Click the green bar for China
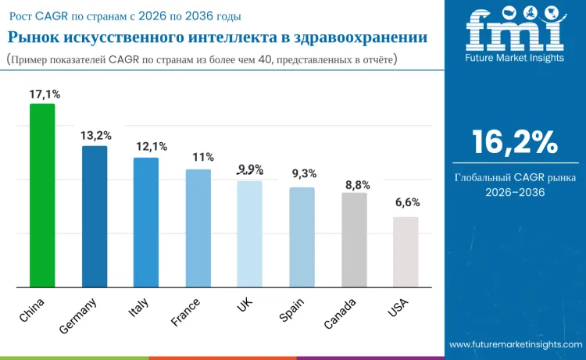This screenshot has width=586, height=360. (x=42, y=195)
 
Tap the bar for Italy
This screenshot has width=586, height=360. (x=146, y=222)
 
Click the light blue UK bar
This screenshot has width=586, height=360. (x=250, y=233)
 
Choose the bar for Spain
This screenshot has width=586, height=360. (x=302, y=237)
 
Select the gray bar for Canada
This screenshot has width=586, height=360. (x=354, y=239)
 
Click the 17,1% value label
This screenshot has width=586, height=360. (x=43, y=94)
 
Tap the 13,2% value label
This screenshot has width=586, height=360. (x=95, y=136)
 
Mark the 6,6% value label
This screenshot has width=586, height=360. (x=407, y=202)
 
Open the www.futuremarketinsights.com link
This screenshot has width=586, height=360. (x=515, y=344)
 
